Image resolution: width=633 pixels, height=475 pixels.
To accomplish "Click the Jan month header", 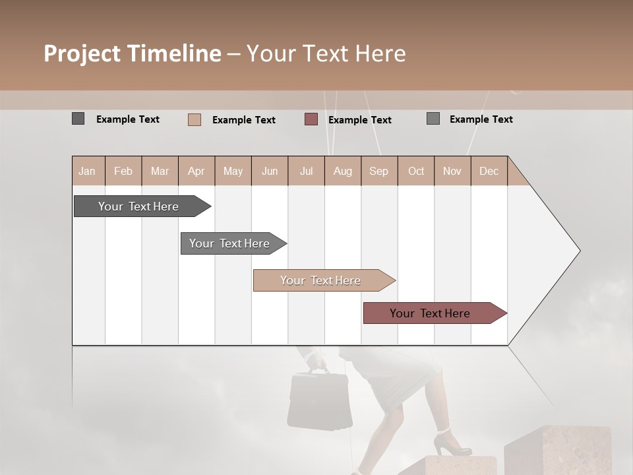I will (87, 172).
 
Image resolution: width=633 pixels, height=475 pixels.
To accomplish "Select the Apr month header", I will (196, 172).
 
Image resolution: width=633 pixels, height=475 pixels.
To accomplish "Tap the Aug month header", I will (342, 172).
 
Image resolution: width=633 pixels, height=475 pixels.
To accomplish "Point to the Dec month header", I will (489, 172).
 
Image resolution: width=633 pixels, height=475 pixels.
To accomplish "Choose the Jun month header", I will (270, 172).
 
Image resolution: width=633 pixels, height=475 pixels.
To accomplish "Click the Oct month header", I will (416, 172).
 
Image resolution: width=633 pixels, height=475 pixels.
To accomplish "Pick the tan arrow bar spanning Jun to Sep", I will (321, 280).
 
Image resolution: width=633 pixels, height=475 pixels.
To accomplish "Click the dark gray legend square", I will (78, 119).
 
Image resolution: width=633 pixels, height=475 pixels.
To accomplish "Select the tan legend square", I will (194, 119).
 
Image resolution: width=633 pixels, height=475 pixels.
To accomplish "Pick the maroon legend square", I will (311, 119).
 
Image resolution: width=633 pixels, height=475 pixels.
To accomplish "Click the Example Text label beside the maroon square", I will (359, 120).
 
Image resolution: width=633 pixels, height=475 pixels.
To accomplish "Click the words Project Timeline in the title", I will (132, 53).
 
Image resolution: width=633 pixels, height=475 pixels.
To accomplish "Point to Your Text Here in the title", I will (326, 53).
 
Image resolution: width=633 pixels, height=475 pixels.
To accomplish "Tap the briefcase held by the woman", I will (319, 400).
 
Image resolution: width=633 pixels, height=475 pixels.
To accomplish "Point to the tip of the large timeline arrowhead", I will (579, 251).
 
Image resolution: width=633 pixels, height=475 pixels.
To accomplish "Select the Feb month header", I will (123, 172).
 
